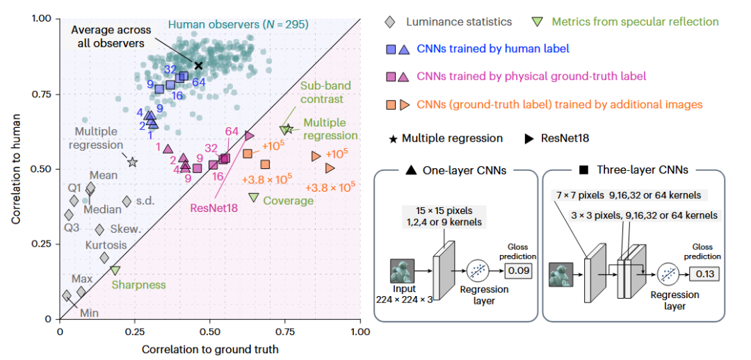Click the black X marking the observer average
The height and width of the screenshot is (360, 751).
(198, 65)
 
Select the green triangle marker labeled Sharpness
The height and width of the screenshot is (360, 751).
(115, 270)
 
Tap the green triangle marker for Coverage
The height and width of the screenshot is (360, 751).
(254, 197)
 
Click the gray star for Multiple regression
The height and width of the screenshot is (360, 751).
(132, 163)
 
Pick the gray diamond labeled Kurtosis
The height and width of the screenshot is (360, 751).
(104, 258)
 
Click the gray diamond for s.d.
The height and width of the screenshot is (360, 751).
(127, 202)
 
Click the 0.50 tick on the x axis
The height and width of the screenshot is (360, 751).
(210, 332)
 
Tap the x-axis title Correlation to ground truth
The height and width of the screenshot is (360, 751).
(210, 349)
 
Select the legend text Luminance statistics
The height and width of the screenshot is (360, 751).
(459, 22)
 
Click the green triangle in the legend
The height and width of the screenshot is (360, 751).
(538, 22)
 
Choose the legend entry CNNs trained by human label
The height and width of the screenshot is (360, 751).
(493, 49)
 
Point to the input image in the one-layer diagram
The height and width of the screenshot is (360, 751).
(402, 272)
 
